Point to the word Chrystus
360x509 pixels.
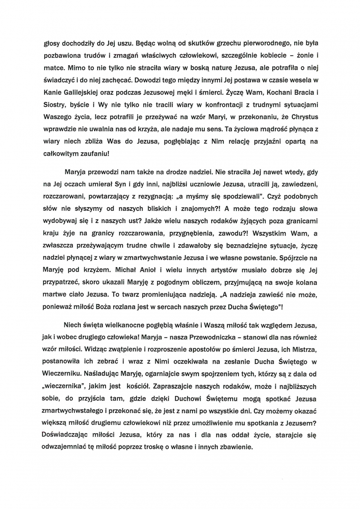pyautogui.click(x=305, y=117)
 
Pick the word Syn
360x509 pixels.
pyautogui.click(x=119, y=184)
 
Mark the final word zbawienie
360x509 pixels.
pyautogui.click(x=235, y=447)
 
